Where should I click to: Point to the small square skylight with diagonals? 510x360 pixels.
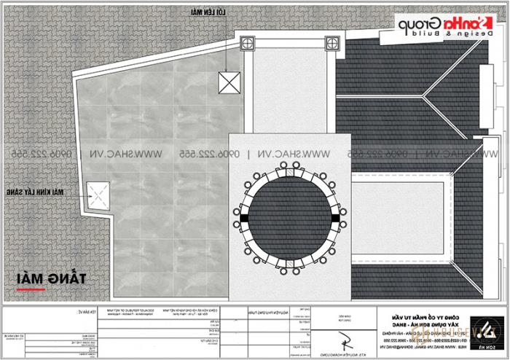click(98, 194)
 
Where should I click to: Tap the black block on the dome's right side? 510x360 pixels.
click(335, 216)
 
